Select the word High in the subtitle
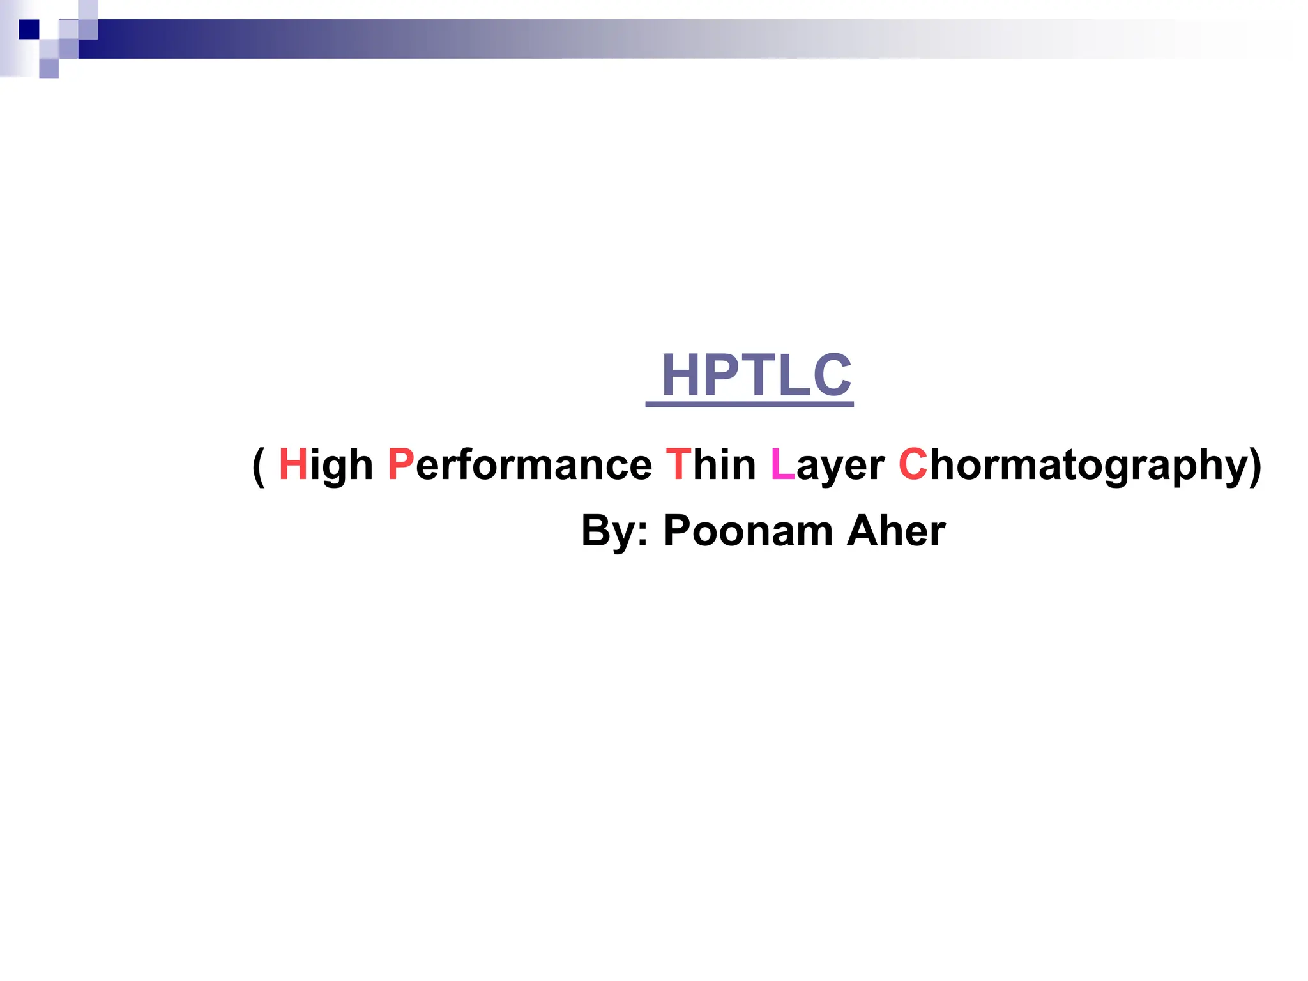[x=326, y=464]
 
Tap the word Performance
[x=520, y=464]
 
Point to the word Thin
[x=710, y=464]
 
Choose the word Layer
[x=827, y=464]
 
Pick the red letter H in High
[x=293, y=464]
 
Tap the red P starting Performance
[x=400, y=464]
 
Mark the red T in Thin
[x=678, y=464]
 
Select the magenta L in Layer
[x=782, y=464]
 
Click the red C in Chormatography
[x=913, y=464]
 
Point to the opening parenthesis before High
[x=258, y=466]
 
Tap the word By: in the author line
[x=614, y=531]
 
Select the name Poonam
[x=748, y=531]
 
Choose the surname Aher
[x=895, y=531]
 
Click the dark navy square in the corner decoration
[x=29, y=29]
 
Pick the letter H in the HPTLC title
[x=682, y=375]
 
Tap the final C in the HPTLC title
[x=832, y=375]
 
